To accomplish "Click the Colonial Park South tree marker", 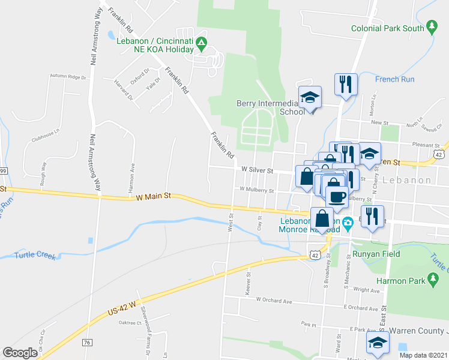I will [x=431, y=27].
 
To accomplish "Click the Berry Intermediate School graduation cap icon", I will [x=310, y=97].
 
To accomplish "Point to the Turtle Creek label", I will [x=35, y=256].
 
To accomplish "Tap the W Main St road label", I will [x=154, y=196].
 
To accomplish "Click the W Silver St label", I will [x=257, y=170].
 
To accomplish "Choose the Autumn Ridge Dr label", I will [x=68, y=77].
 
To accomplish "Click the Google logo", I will [x=20, y=352].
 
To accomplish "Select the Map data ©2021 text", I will [x=423, y=355].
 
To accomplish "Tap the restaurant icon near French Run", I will [x=346, y=85].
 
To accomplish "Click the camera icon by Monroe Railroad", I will [x=348, y=224].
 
